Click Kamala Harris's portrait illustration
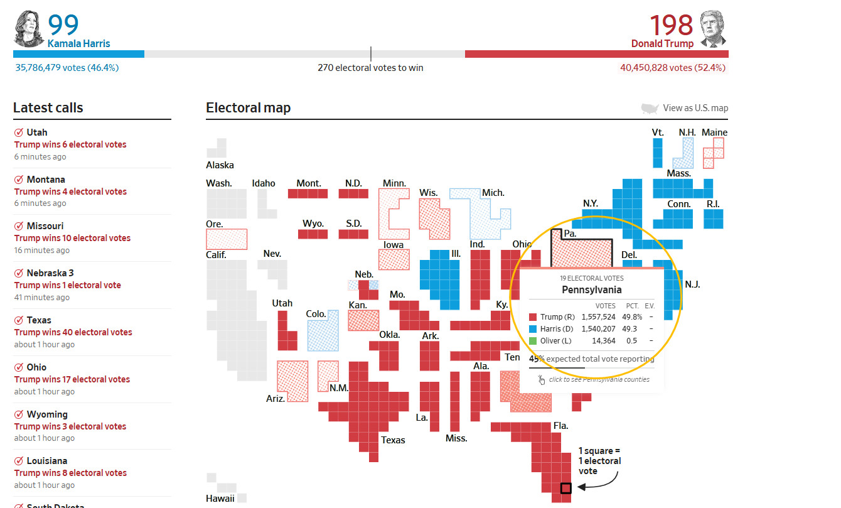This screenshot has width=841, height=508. pos(28,28)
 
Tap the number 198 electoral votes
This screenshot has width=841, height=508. pos(671,25)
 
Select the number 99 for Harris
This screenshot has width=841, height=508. pos(63,25)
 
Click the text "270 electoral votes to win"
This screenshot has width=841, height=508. pos(370,68)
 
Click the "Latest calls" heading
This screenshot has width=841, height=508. pos(48,108)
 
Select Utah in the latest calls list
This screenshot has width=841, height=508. pos(37,132)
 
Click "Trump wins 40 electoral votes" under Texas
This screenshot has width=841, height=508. pos(73,332)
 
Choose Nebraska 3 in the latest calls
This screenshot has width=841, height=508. pos(50,273)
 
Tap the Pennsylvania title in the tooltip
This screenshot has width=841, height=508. pos(591,290)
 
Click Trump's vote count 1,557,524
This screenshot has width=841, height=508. pos(599,317)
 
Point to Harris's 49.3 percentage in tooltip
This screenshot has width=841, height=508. pos(629,329)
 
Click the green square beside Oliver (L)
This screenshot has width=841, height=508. pos(533,341)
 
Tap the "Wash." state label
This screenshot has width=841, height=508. pos(219,183)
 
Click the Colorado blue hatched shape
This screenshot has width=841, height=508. pos(323,335)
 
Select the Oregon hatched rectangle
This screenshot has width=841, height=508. pos(227,239)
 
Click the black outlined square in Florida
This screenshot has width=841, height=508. pos(565,488)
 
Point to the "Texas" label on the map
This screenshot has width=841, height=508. pos(393,440)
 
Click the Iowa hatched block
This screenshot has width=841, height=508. pos(394,259)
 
